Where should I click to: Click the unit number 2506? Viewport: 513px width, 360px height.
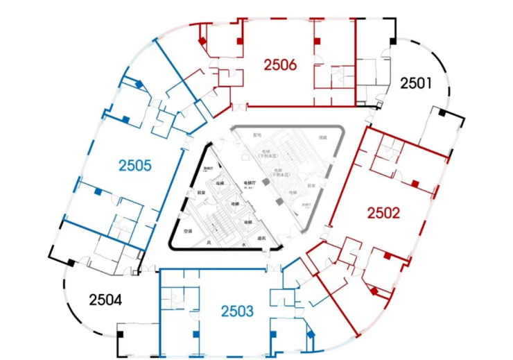point(280,65)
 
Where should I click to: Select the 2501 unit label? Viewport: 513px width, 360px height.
point(416,84)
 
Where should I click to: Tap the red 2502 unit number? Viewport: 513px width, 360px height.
point(383,213)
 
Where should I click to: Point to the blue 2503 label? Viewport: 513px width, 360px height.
point(238,311)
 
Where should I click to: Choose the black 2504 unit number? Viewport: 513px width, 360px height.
point(105,300)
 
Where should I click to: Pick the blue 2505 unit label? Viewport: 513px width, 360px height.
point(134,166)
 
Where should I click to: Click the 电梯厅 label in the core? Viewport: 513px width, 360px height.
point(248,183)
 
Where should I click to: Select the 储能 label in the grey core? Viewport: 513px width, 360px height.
point(322,137)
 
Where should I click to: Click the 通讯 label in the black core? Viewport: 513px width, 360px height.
point(261,238)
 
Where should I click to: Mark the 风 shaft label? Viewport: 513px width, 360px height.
point(208,243)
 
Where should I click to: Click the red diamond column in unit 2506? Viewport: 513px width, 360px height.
point(202,42)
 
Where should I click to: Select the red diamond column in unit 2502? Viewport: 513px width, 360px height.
point(374,292)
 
